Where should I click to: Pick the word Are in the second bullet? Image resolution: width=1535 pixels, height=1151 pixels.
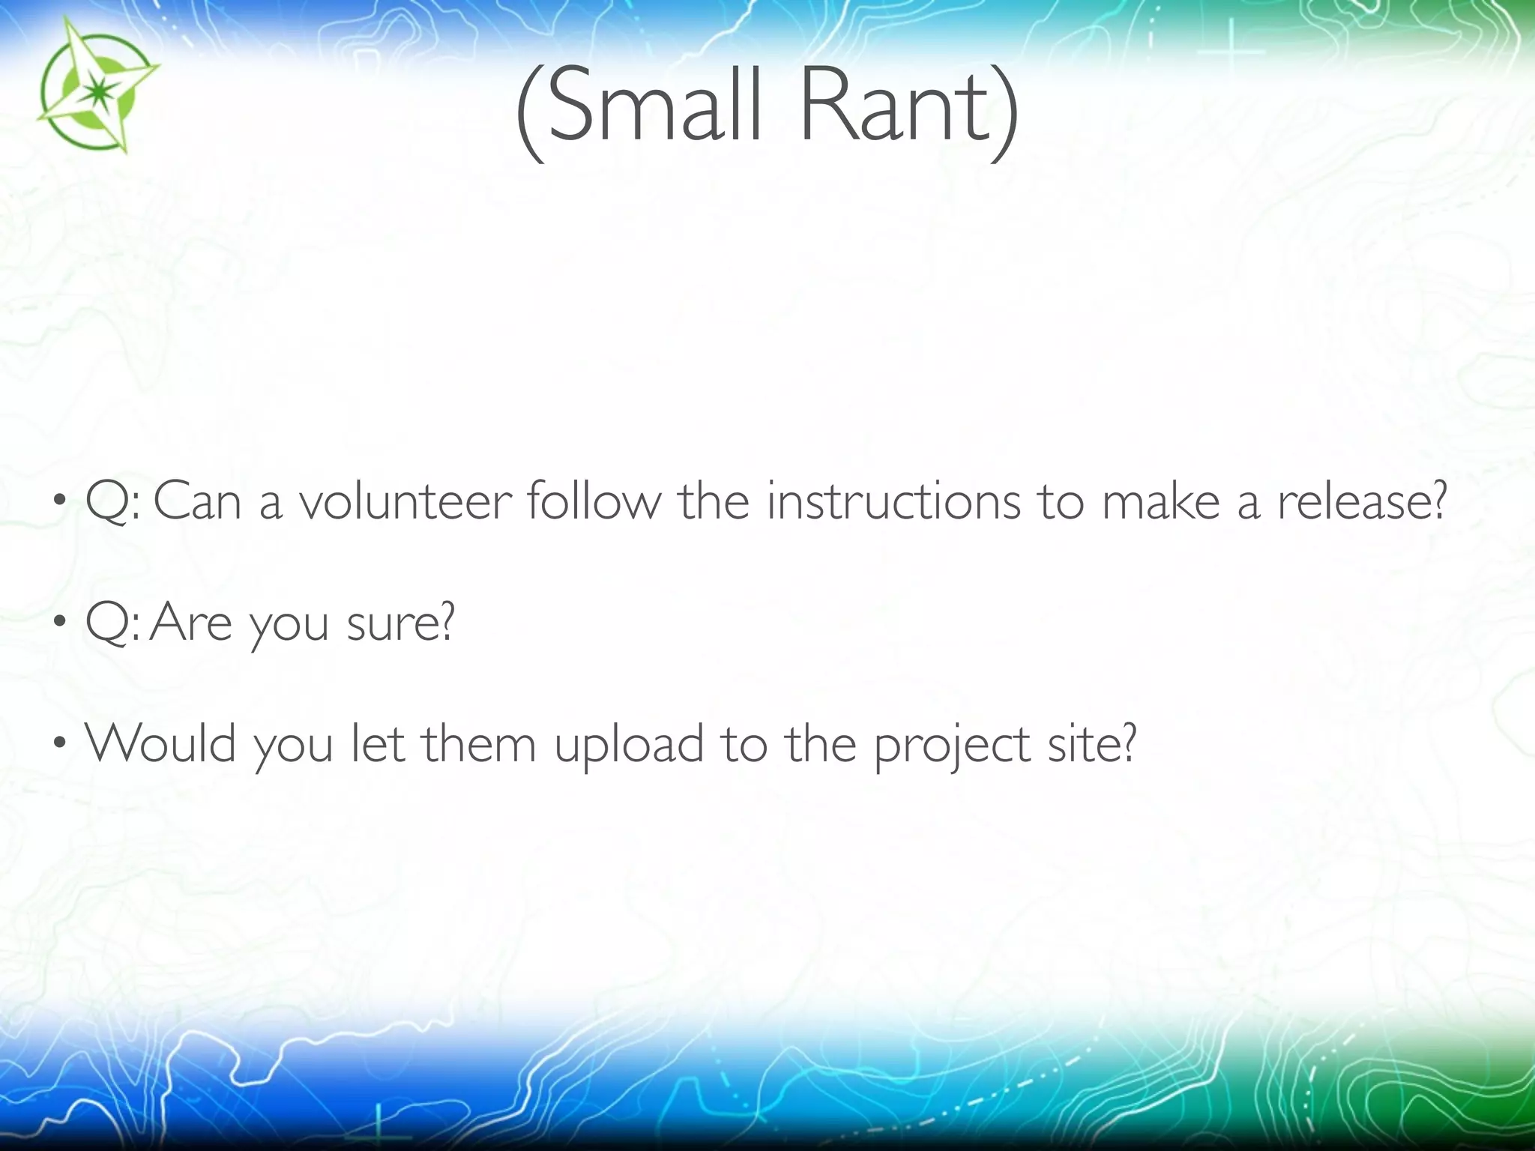click(x=191, y=622)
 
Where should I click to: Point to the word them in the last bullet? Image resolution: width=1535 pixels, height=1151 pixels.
click(x=479, y=743)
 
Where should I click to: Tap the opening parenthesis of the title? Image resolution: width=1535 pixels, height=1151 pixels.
click(x=530, y=112)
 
